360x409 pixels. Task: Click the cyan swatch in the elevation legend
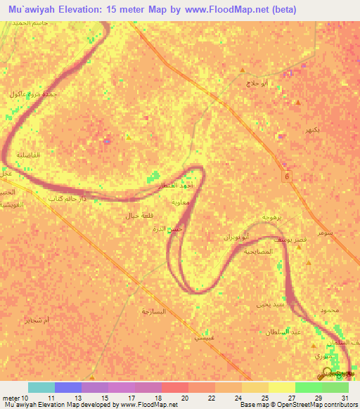41,387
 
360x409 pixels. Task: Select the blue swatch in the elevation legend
68,387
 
